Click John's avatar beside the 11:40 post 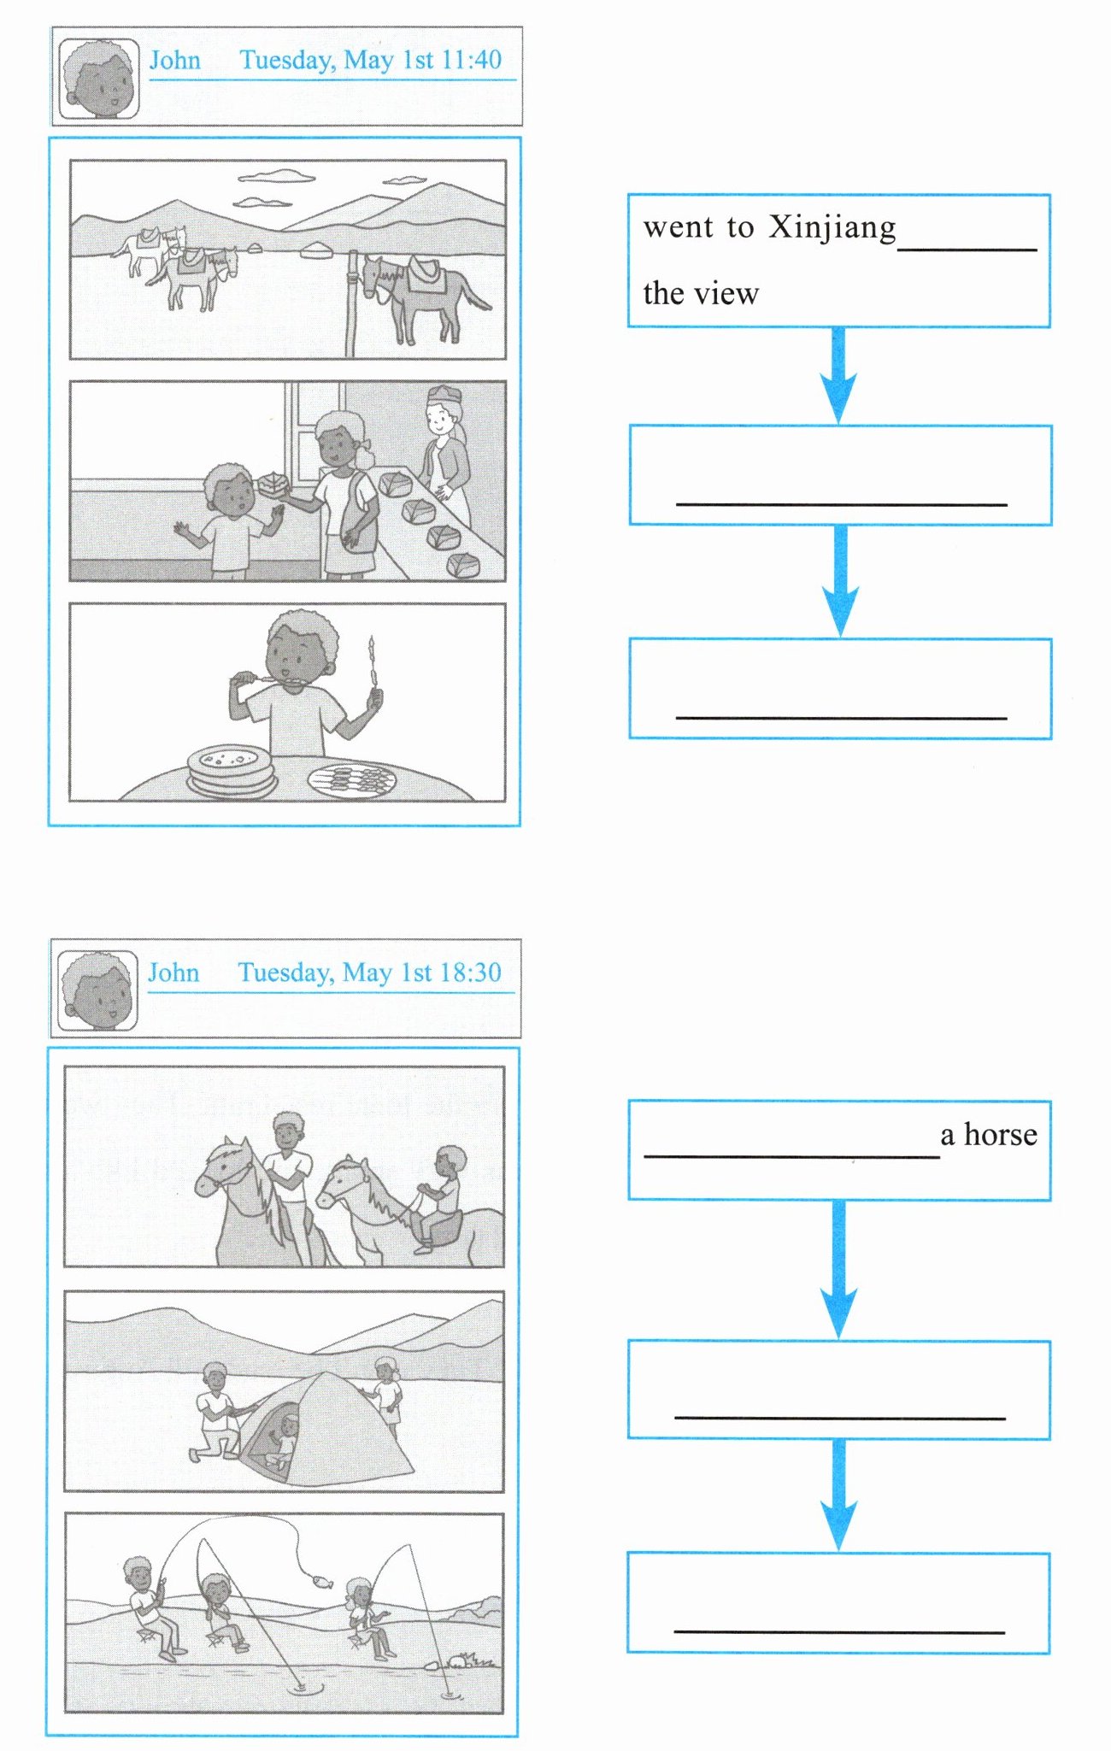click(99, 78)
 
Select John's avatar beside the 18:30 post click(97, 990)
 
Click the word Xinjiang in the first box click(833, 228)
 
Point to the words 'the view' click(701, 293)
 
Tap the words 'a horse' click(989, 1134)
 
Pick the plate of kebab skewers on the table click(352, 779)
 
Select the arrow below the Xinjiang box click(839, 375)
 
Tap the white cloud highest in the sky click(276, 177)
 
